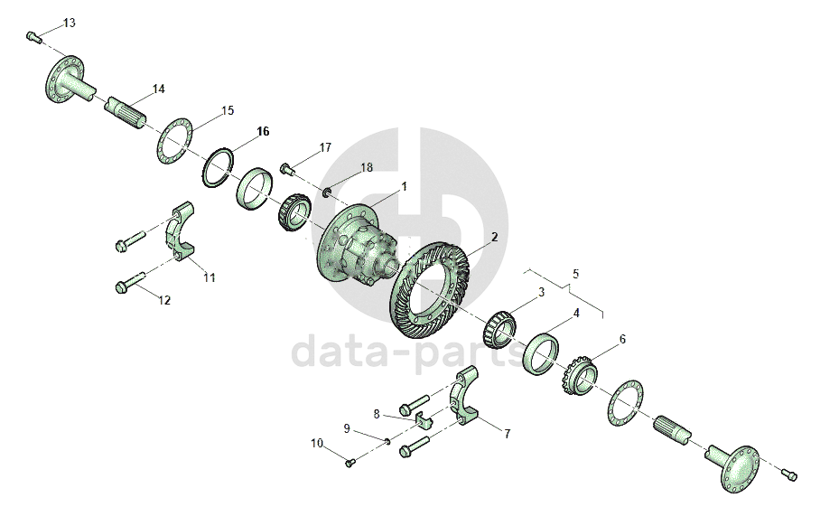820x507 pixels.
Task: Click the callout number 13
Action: tap(70, 23)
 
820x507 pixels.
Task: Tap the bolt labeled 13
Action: tap(34, 37)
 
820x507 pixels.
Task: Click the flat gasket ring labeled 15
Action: tap(174, 141)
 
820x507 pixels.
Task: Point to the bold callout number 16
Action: tap(263, 131)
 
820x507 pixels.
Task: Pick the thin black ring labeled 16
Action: tap(218, 167)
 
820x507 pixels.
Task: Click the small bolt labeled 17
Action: tap(287, 169)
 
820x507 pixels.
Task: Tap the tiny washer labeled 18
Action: tap(327, 193)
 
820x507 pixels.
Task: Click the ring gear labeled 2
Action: tap(430, 289)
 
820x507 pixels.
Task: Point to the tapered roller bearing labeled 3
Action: tap(499, 330)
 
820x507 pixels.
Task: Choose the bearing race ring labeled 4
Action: tap(541, 353)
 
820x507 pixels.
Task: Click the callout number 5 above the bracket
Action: tap(576, 274)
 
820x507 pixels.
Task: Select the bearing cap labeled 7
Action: tap(465, 396)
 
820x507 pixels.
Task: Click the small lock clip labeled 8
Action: tap(424, 419)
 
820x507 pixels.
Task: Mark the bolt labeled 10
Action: tap(350, 463)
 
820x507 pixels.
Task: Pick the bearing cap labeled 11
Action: tap(181, 231)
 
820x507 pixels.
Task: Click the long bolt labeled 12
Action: tap(129, 283)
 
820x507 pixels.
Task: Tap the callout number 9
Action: tap(346, 428)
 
